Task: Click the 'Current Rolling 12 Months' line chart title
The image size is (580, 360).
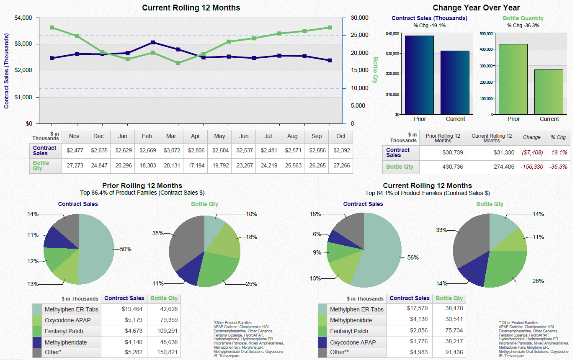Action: tap(191, 8)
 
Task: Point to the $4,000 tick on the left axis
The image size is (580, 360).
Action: tap(23, 18)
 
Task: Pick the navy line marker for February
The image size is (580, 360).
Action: tap(153, 43)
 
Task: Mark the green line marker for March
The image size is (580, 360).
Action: tap(178, 63)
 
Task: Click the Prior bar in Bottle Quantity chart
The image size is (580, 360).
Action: tap(513, 79)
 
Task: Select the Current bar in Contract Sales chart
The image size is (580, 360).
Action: tap(455, 82)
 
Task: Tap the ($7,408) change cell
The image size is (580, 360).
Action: tap(531, 152)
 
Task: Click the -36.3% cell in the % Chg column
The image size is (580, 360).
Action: tap(559, 167)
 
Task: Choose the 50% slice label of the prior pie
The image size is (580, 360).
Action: tap(126, 249)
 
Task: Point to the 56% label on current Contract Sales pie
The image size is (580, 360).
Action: tap(413, 258)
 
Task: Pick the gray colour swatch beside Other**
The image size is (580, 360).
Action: tap(322, 352)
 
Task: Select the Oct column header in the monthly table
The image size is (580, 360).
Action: tap(341, 136)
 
